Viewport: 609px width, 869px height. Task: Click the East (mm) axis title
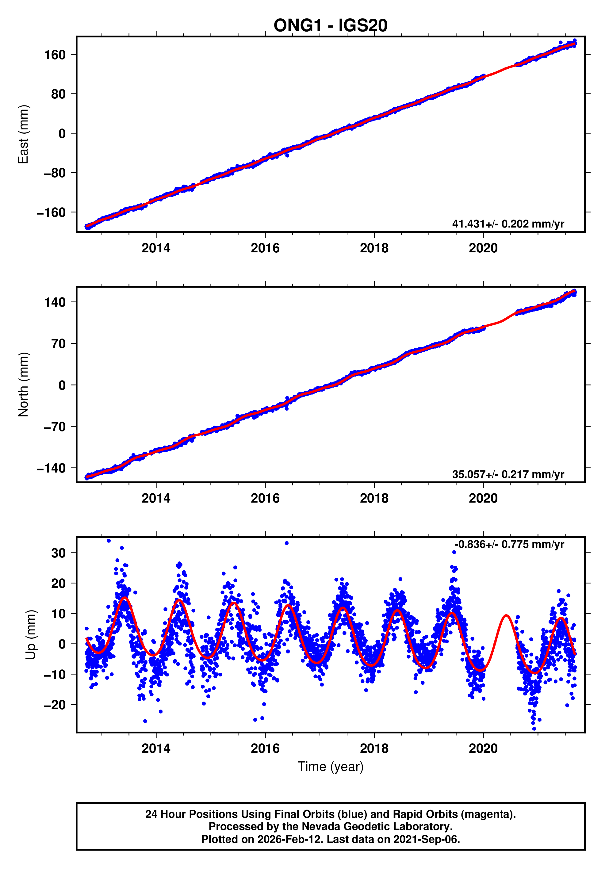[24, 134]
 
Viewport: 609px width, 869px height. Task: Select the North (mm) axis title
[24, 385]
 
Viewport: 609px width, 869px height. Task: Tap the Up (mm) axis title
[31, 635]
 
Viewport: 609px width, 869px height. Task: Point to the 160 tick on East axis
[55, 55]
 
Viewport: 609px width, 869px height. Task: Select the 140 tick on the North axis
[55, 302]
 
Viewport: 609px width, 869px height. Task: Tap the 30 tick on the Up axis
[58, 553]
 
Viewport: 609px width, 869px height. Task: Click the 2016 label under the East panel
[265, 248]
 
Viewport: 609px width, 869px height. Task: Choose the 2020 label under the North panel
[483, 499]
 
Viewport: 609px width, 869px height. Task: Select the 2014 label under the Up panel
[156, 748]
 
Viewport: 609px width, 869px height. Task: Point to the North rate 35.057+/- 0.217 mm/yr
[508, 474]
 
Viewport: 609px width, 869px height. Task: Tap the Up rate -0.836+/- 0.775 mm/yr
[509, 545]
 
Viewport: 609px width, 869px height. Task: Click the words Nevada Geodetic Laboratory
[366, 827]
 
